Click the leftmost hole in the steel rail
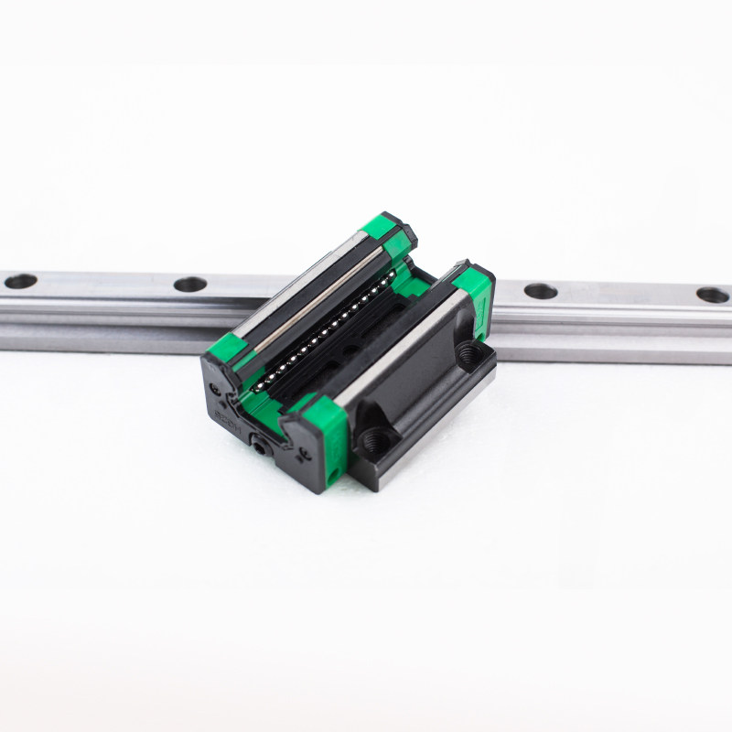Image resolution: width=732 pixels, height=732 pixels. coord(20,281)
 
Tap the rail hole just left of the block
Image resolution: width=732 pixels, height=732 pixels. coord(189,285)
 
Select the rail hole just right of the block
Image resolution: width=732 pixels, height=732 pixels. coord(540,292)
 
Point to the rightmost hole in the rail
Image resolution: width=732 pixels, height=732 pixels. coord(712,296)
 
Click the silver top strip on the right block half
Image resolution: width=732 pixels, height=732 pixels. coord(403,345)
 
